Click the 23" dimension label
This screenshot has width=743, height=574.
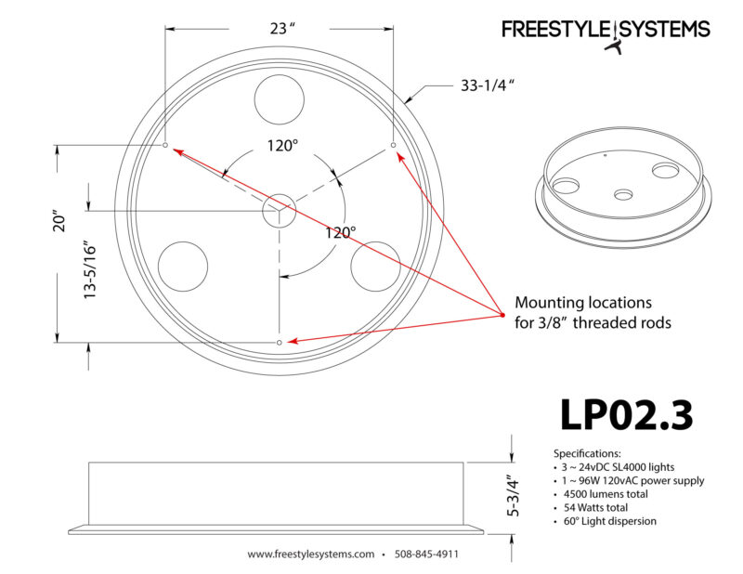(x=282, y=29)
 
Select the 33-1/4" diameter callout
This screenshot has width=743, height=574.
(x=488, y=85)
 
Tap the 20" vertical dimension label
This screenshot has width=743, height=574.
(x=60, y=220)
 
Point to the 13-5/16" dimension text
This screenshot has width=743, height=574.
(x=90, y=271)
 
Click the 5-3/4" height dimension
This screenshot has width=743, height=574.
(x=514, y=495)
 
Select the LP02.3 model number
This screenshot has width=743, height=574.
(x=626, y=415)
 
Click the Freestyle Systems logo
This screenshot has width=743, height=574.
(x=606, y=34)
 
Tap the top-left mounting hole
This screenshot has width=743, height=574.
(x=165, y=145)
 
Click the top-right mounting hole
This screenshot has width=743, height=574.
(x=393, y=145)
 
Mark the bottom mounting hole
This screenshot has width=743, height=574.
(x=280, y=342)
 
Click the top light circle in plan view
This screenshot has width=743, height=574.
(x=280, y=99)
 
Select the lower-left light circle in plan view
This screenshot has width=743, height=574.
(x=182, y=267)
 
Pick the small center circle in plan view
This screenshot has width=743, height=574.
(x=280, y=210)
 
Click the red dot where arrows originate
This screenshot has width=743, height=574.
(x=502, y=315)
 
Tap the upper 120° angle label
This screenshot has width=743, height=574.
(x=282, y=146)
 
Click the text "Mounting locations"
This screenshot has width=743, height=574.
(x=583, y=303)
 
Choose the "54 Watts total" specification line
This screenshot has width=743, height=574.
(x=595, y=508)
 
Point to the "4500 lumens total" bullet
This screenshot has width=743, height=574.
(x=606, y=494)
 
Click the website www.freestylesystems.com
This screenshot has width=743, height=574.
(x=311, y=554)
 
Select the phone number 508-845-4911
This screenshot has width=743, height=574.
(x=426, y=554)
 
